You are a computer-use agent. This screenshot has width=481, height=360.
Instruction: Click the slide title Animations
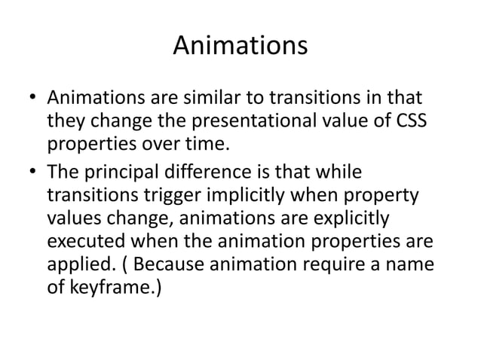point(240,47)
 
